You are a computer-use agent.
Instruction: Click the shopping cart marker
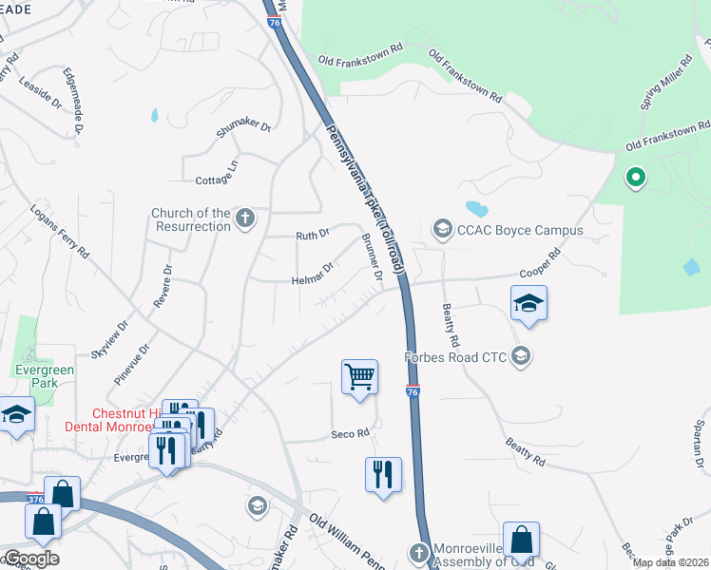[359, 376]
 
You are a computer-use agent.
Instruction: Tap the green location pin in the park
[635, 178]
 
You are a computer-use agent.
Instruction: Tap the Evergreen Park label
[36, 376]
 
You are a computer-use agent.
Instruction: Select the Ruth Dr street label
[312, 234]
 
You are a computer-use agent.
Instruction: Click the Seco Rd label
[349, 434]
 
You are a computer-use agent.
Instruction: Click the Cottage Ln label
[217, 174]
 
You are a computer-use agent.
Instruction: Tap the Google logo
[30, 559]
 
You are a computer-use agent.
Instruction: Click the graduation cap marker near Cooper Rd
[529, 304]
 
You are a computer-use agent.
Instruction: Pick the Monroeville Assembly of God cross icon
[419, 552]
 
